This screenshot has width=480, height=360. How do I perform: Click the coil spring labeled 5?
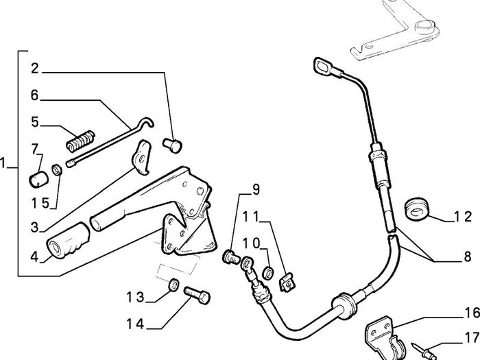(x=80, y=141)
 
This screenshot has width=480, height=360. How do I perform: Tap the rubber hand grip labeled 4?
(x=68, y=240)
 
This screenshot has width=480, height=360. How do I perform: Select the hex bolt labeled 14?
(x=197, y=295)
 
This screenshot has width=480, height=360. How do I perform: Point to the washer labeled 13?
(x=173, y=285)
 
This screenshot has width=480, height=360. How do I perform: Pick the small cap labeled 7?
(x=38, y=180)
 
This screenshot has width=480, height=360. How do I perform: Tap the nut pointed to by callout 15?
(x=57, y=169)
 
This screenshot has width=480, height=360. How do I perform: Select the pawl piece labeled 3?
(x=141, y=157)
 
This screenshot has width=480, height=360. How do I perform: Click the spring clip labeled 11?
(x=287, y=283)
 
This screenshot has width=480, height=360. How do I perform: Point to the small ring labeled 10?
(x=269, y=272)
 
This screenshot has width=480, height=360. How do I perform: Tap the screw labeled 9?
(x=231, y=257)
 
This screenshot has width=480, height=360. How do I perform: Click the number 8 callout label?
(x=468, y=256)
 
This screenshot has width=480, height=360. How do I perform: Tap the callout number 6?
(x=34, y=95)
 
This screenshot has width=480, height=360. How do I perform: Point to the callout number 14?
(x=135, y=324)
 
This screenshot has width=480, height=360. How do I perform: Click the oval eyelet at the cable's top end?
(x=323, y=66)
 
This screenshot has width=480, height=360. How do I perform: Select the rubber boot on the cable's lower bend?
(x=343, y=306)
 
